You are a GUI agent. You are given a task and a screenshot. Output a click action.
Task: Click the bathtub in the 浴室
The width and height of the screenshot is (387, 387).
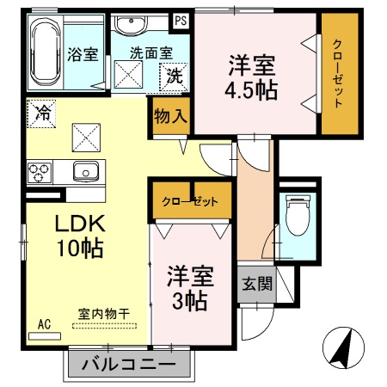coord(45,52)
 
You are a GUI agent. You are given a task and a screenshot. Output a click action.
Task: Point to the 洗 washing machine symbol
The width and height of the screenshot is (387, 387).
coord(175,76)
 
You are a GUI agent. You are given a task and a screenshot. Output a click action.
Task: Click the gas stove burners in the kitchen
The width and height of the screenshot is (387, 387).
coord(40,172)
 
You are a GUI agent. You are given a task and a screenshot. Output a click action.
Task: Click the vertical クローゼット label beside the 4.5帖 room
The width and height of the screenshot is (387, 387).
coord(337,74)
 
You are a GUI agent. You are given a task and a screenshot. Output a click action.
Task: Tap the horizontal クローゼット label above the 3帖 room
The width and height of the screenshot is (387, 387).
coord(190,202)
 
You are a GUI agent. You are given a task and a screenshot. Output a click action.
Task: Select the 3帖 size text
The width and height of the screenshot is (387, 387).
coord(187,301)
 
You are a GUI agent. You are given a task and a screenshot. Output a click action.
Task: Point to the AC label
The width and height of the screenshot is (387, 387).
coord(45,324)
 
